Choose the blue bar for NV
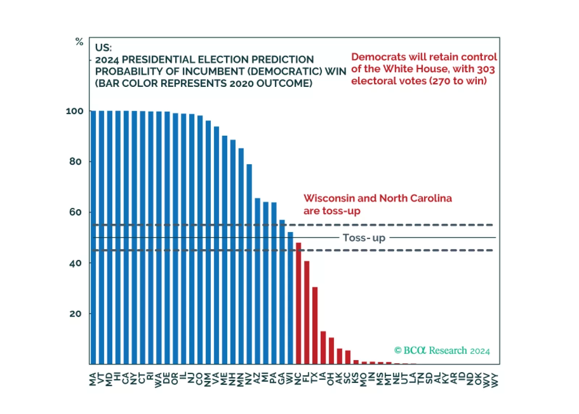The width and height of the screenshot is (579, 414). point(249,264)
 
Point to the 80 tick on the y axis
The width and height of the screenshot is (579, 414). point(75,161)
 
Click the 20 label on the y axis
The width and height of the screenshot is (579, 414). point(75,314)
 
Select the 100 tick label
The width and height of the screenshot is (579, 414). point(75,111)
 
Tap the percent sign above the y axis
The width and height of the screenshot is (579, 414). point(79,42)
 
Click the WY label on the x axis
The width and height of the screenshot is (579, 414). point(495,380)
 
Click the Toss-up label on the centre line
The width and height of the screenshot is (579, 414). point(364,238)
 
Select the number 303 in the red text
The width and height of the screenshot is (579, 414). point(486,69)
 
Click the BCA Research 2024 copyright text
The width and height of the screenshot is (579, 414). point(442,350)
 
